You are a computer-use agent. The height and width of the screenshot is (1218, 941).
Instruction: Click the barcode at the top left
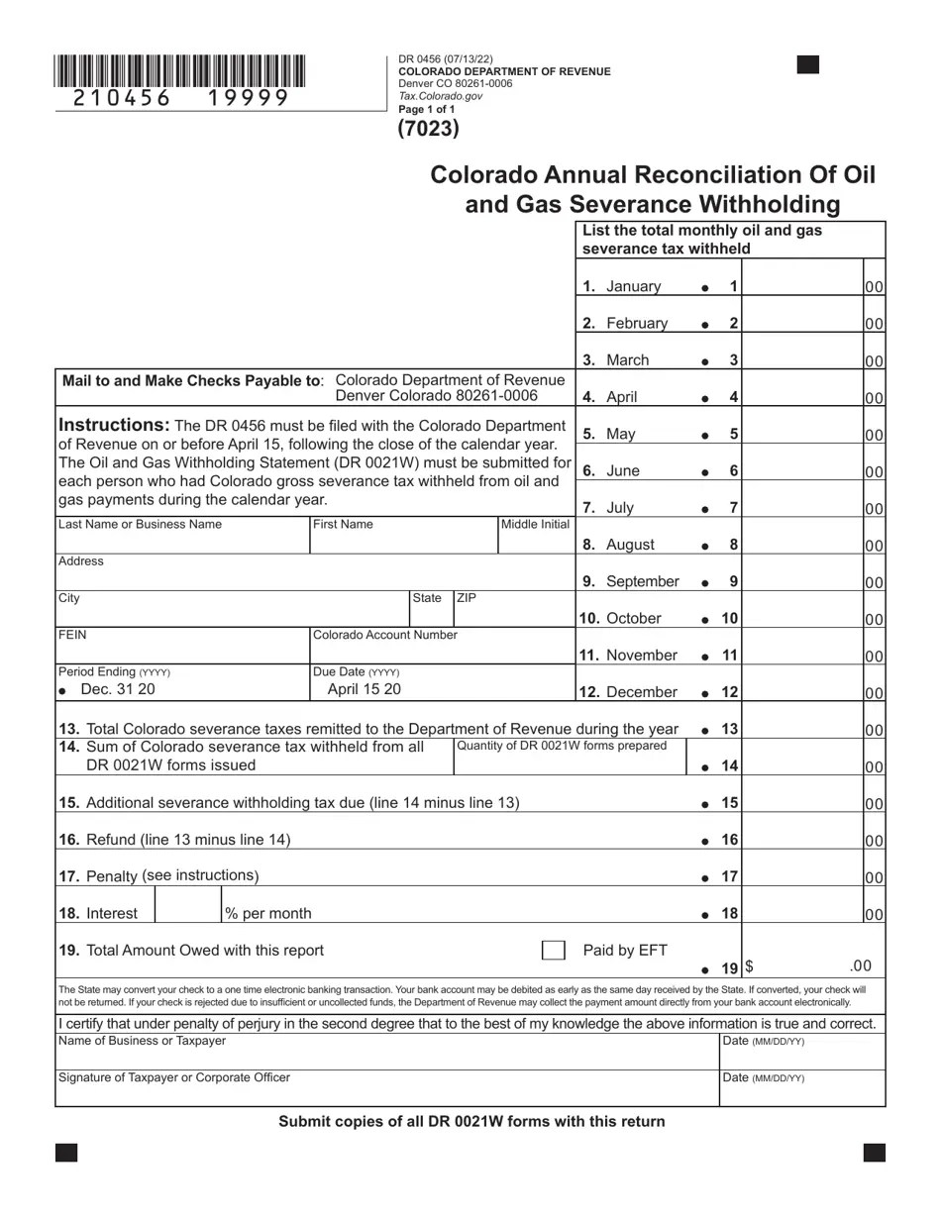[x=179, y=72]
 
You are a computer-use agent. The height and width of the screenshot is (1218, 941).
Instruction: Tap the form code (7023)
[x=428, y=128]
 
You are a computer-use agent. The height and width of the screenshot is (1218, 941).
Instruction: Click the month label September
[x=642, y=581]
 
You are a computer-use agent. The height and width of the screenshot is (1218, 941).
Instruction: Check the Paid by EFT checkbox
[x=554, y=951]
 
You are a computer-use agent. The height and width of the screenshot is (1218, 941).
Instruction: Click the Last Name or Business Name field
[x=183, y=541]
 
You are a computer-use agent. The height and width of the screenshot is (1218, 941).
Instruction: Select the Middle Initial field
[x=535, y=541]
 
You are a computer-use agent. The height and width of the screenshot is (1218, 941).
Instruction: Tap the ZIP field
[x=513, y=614]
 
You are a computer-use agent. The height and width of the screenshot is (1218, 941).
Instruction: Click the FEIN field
[x=183, y=651]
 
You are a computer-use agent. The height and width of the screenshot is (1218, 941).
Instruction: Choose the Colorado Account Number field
[x=442, y=651]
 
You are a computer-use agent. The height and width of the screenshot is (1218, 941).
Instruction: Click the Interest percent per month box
[x=188, y=905]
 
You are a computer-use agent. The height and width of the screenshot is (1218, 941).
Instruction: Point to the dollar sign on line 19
[x=749, y=966]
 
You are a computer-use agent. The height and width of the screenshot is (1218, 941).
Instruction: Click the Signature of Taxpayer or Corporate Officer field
[x=386, y=1092]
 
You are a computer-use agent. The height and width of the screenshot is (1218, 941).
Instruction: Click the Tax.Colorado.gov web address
[x=441, y=96]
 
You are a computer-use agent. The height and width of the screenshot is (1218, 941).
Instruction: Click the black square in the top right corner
[x=808, y=65]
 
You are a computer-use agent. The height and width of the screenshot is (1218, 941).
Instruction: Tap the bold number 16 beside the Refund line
[x=730, y=840]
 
